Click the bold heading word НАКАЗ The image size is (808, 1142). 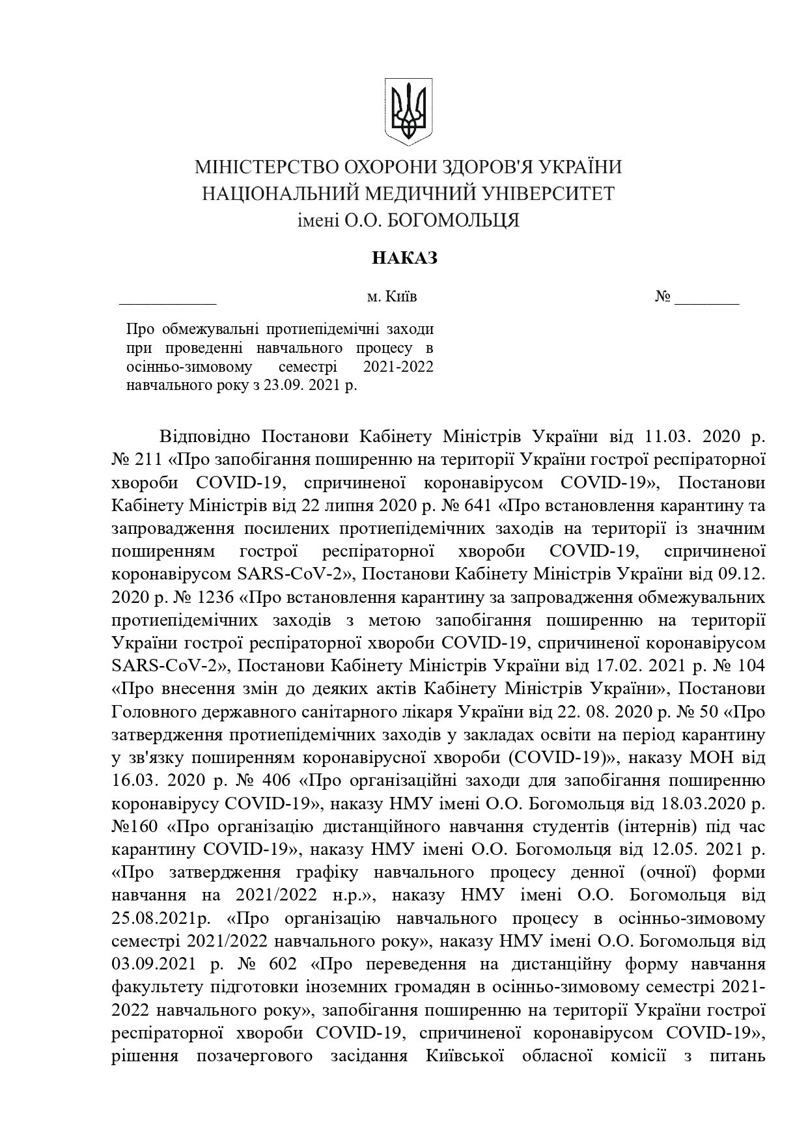coord(404,258)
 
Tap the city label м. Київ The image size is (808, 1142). coord(391,297)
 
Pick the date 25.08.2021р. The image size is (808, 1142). coord(163,919)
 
